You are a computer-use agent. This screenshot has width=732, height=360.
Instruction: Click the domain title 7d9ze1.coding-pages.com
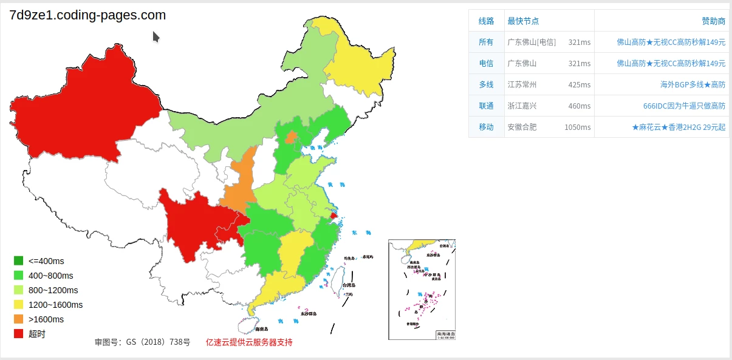(x=87, y=16)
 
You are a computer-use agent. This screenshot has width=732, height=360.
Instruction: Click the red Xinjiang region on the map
(x=79, y=109)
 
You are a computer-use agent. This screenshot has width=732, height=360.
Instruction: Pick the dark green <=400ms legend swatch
(x=19, y=261)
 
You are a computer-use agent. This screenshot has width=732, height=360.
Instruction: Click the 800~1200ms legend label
(x=53, y=290)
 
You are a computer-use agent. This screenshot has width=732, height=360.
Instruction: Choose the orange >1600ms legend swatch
(x=19, y=319)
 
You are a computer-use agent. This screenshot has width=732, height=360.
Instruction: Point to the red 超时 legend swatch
(x=19, y=334)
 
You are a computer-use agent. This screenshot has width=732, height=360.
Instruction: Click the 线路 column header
(x=486, y=21)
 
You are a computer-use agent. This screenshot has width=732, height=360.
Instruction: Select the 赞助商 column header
(x=713, y=21)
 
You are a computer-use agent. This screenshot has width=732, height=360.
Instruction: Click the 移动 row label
(x=486, y=127)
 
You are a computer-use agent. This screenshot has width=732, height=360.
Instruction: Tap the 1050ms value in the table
(x=577, y=127)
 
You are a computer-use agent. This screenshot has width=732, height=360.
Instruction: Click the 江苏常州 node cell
(x=522, y=84)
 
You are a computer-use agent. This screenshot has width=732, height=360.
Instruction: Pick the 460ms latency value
(x=579, y=106)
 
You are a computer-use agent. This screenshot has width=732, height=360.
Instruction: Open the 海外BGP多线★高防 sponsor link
(x=693, y=84)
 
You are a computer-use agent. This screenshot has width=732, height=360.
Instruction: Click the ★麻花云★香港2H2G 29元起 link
(x=679, y=127)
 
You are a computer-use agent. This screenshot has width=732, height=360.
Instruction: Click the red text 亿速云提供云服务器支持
(x=249, y=342)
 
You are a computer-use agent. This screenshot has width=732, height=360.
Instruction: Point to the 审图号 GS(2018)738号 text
(x=142, y=342)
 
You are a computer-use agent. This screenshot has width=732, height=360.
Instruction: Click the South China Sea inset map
(x=422, y=290)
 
